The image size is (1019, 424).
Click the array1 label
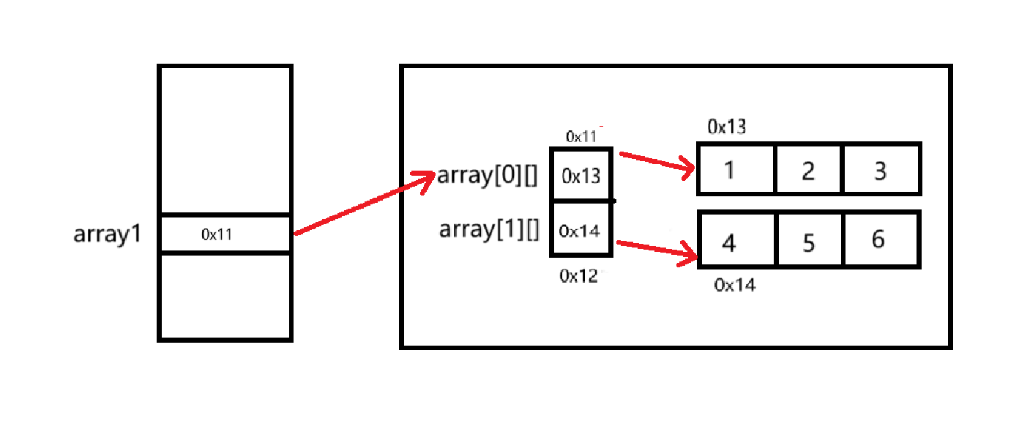[x=108, y=234]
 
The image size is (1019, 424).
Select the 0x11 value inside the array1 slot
[x=217, y=234]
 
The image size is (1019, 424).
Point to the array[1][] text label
[x=489, y=230]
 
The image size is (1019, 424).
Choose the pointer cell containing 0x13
[x=581, y=176]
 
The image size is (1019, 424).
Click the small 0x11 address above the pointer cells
[x=581, y=136]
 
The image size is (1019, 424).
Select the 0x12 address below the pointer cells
[x=578, y=276]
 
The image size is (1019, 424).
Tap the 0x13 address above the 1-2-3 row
[x=726, y=127]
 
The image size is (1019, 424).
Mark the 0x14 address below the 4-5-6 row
[x=734, y=286]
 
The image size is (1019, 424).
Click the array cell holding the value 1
[x=736, y=170]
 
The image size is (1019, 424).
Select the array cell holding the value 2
[x=809, y=170]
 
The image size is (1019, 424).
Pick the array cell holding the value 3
[x=881, y=170]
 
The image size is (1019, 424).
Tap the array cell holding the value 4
[x=736, y=240]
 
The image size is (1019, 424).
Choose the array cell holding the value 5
[x=809, y=240]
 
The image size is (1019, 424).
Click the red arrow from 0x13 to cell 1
[x=657, y=163]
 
